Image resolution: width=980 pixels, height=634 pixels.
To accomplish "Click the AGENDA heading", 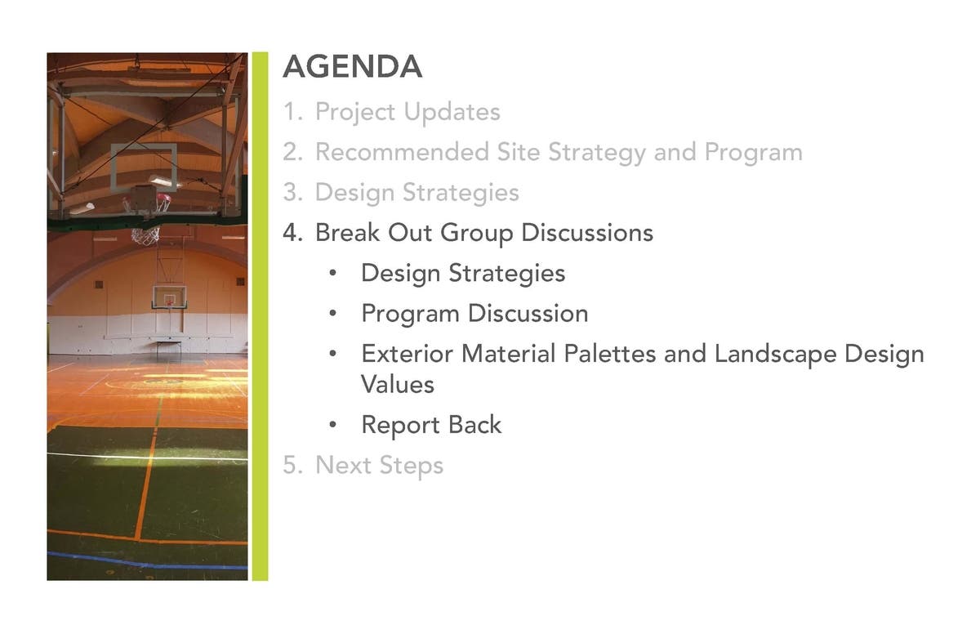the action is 353,66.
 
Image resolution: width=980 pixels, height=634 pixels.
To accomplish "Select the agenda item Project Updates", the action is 408,113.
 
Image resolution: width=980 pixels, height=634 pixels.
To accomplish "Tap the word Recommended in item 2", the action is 402,152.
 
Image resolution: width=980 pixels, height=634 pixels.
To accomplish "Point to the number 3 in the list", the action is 292,192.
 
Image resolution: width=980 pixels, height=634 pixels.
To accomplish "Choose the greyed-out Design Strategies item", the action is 417,193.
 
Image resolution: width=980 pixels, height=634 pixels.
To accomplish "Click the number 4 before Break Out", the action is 292,232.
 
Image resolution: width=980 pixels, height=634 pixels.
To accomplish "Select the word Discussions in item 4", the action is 587,232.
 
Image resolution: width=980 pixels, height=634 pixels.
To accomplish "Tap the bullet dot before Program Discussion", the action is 333,313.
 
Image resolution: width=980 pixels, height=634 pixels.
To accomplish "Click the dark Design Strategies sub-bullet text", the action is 463,274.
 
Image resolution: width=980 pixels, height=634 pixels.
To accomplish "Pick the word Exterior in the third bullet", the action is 408,354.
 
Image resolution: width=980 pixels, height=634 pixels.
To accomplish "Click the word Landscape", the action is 775,355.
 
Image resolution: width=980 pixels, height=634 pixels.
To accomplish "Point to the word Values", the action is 397,385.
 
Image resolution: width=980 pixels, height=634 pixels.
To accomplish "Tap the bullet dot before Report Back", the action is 333,424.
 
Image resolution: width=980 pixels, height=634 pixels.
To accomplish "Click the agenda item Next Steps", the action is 379,466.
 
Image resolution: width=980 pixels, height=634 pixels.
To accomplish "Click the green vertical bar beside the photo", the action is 260,316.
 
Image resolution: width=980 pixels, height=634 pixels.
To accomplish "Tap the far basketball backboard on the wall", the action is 169,297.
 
